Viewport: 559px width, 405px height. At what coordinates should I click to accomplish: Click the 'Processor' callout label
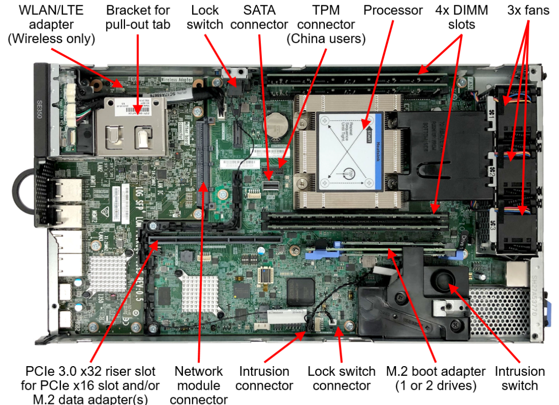click(x=393, y=10)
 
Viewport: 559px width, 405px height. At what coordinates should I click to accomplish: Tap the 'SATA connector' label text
click(x=259, y=17)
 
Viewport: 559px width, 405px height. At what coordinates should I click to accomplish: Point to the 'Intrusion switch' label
click(x=520, y=378)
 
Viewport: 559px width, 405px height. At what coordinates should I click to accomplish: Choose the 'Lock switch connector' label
click(x=341, y=378)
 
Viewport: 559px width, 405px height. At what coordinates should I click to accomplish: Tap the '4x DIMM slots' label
click(x=461, y=17)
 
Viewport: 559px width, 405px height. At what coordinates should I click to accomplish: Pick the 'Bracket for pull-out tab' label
click(x=138, y=17)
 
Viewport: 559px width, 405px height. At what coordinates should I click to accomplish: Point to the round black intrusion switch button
click(x=442, y=280)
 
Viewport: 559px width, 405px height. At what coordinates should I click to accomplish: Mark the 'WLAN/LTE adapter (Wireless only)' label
click(x=51, y=25)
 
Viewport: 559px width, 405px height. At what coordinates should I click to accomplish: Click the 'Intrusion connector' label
click(x=264, y=378)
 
